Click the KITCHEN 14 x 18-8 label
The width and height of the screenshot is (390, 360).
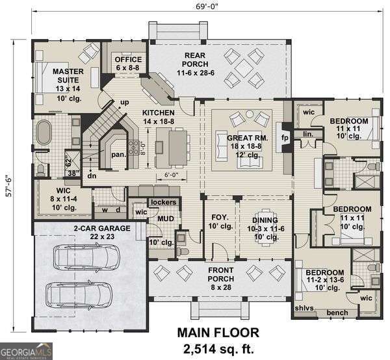pos(159,116)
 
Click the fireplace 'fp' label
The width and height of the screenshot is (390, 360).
pos(284,138)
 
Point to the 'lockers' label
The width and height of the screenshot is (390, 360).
pos(163,203)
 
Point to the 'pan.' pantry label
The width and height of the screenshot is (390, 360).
pos(118,155)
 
